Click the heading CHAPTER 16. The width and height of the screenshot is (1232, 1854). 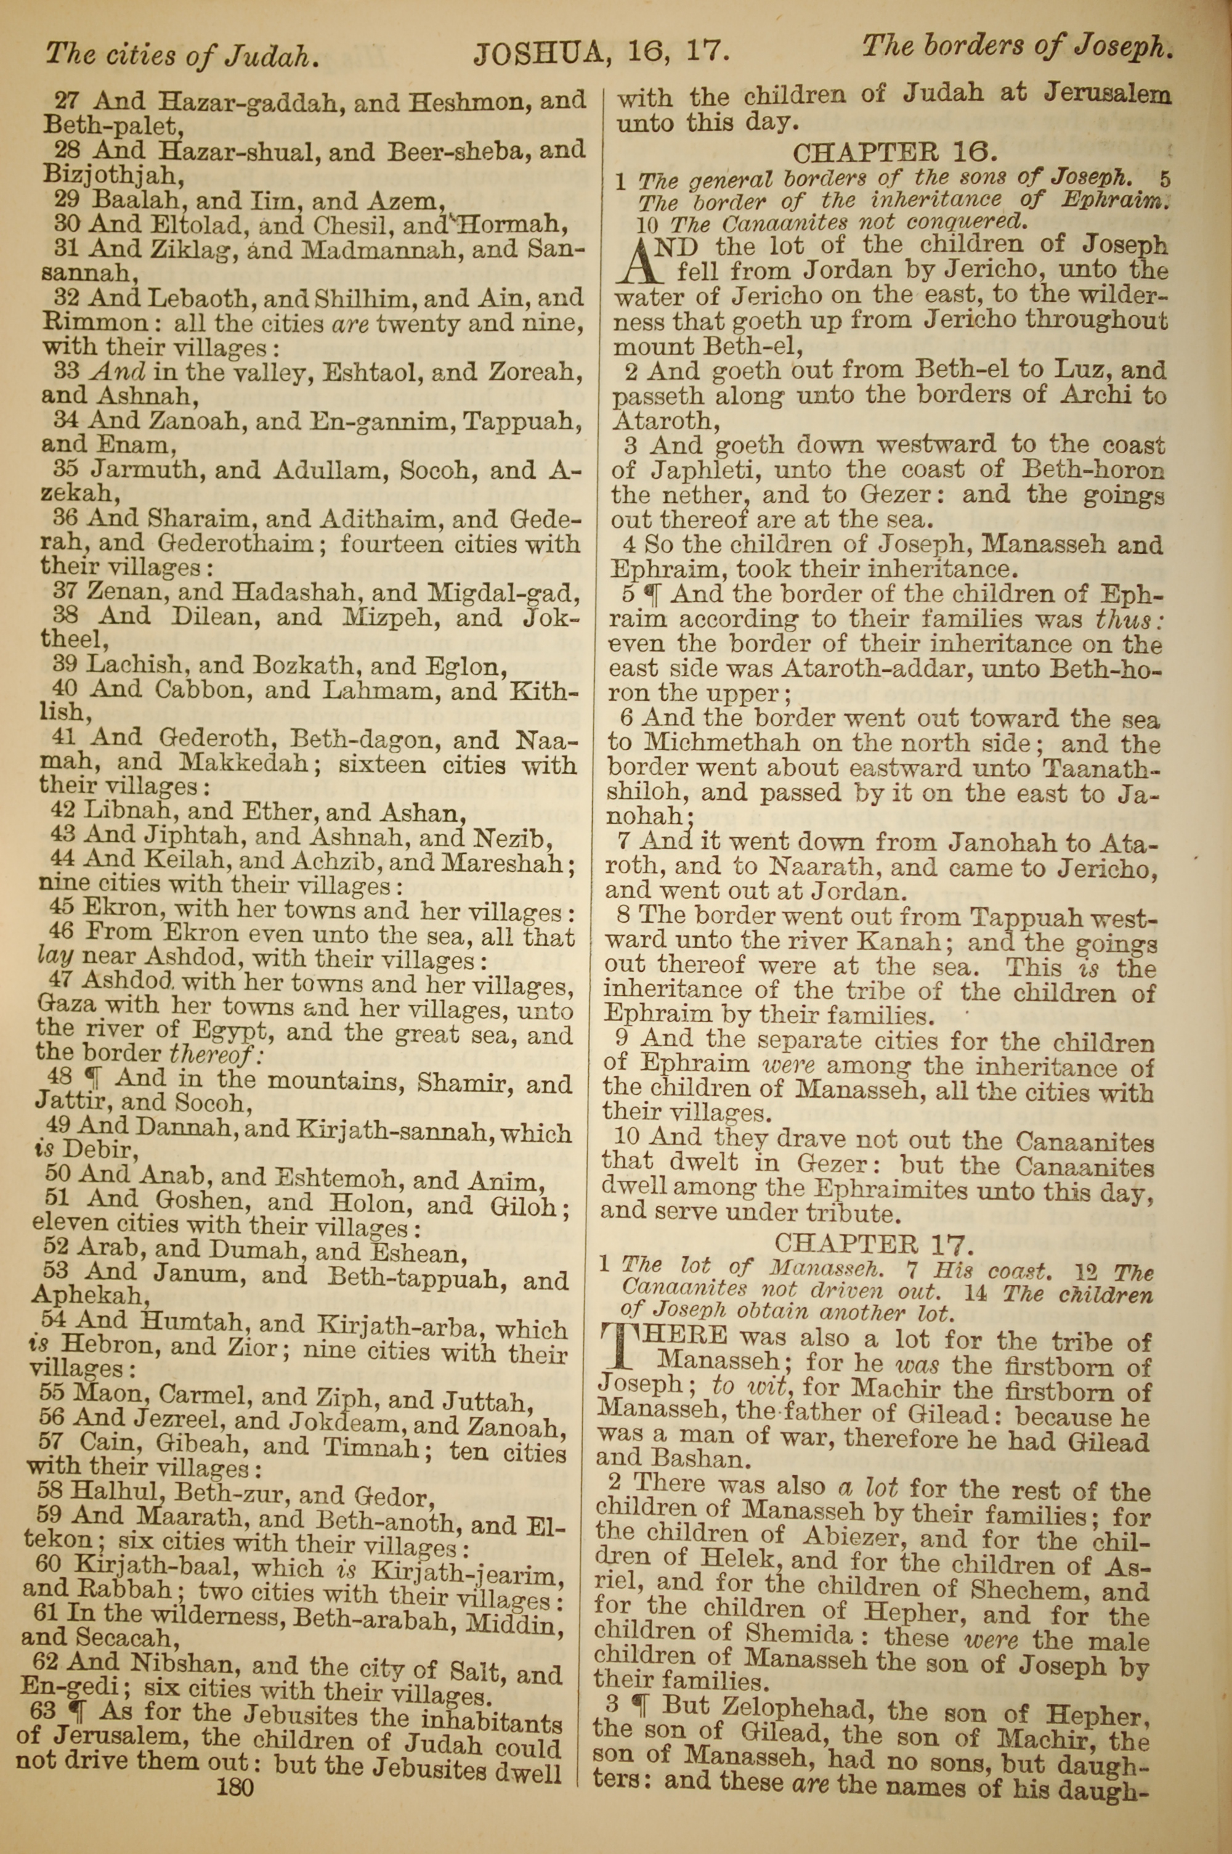894,151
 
